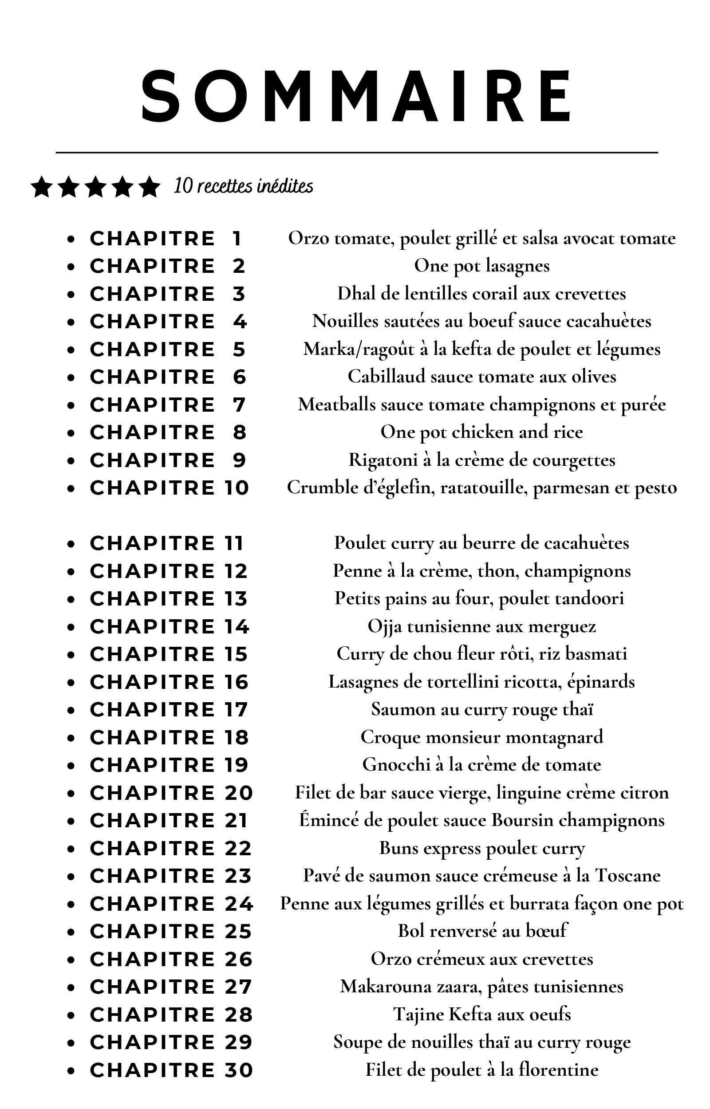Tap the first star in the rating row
(42, 187)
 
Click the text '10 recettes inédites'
(243, 186)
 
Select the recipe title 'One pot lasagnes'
(482, 266)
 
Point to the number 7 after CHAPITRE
(239, 405)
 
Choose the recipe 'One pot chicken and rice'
(482, 432)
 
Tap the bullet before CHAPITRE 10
(71, 488)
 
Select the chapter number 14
(237, 627)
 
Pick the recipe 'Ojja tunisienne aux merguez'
(482, 627)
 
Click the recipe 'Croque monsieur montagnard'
(482, 737)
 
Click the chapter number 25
(238, 931)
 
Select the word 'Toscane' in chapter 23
(628, 875)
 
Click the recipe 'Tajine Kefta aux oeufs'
(482, 1014)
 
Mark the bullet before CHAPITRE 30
(71, 1071)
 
